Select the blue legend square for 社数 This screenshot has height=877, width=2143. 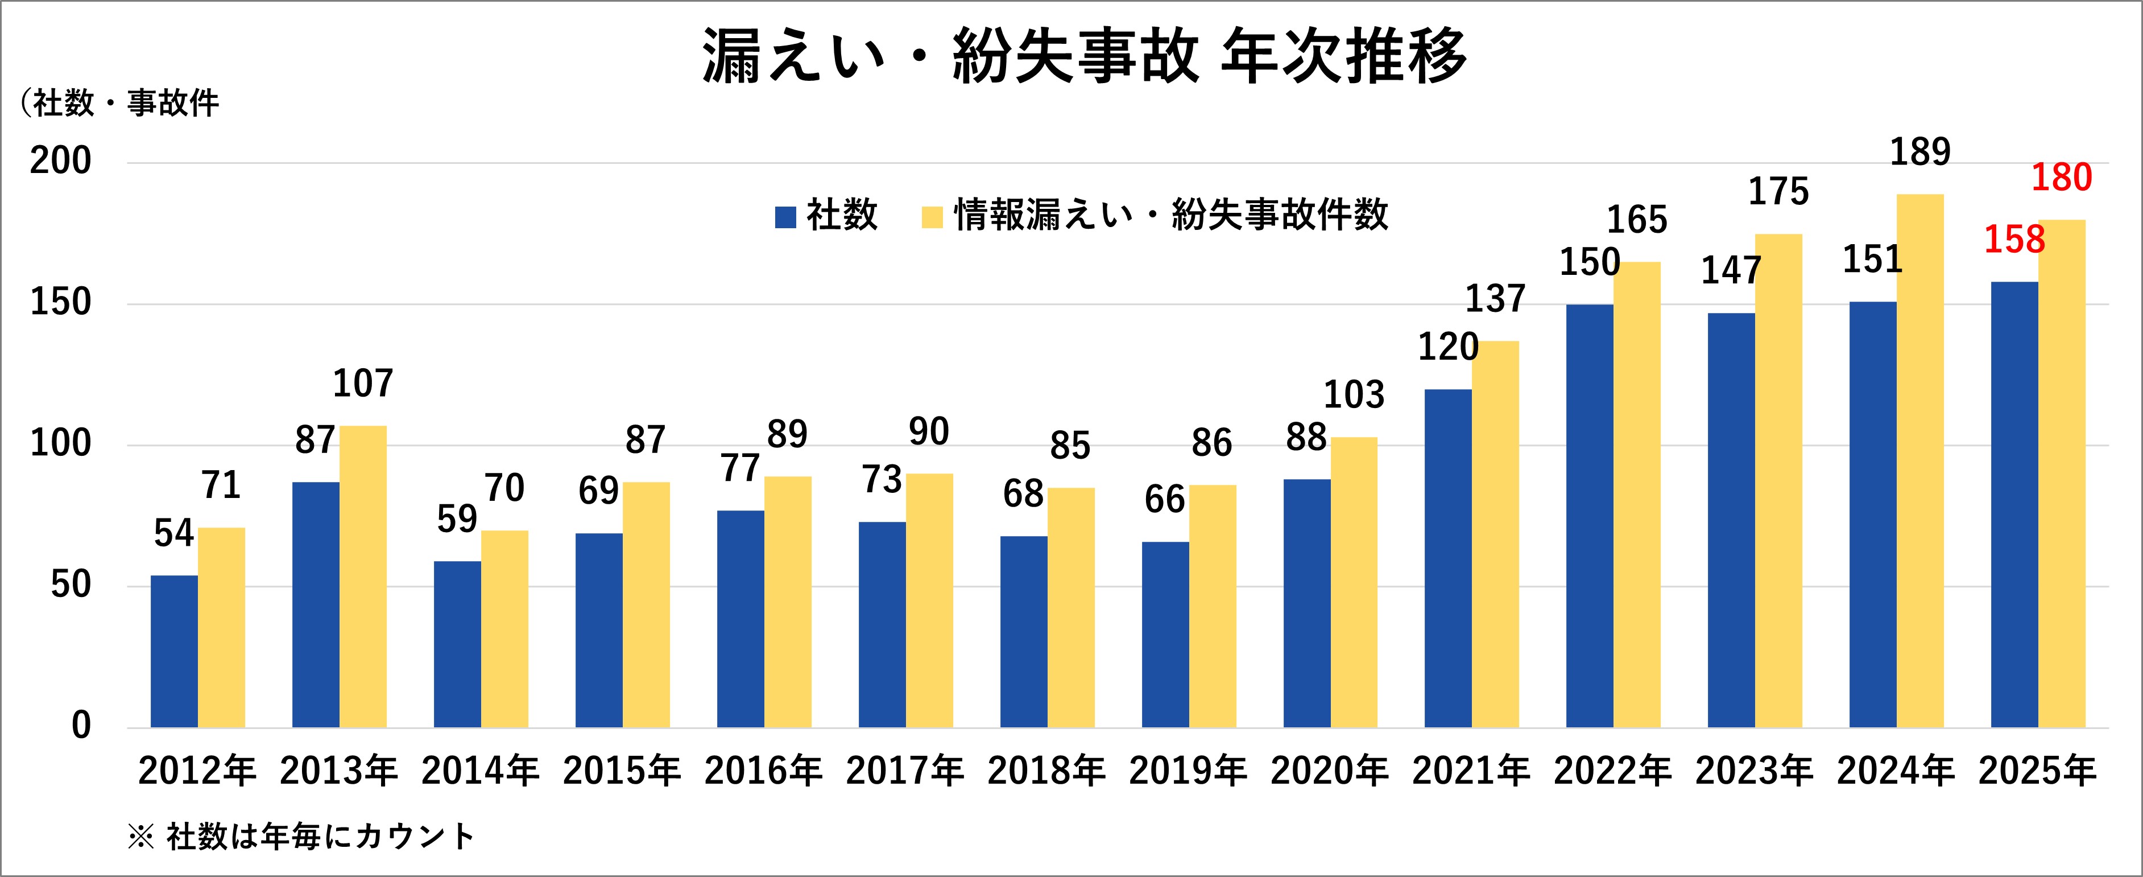(785, 217)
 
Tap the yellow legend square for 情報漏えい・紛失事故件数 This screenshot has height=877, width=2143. (933, 217)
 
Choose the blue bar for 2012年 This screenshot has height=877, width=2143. (174, 652)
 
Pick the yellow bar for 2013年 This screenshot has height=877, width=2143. (363, 577)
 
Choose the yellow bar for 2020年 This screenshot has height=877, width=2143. (1354, 582)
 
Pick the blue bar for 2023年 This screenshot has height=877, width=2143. (1731, 520)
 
